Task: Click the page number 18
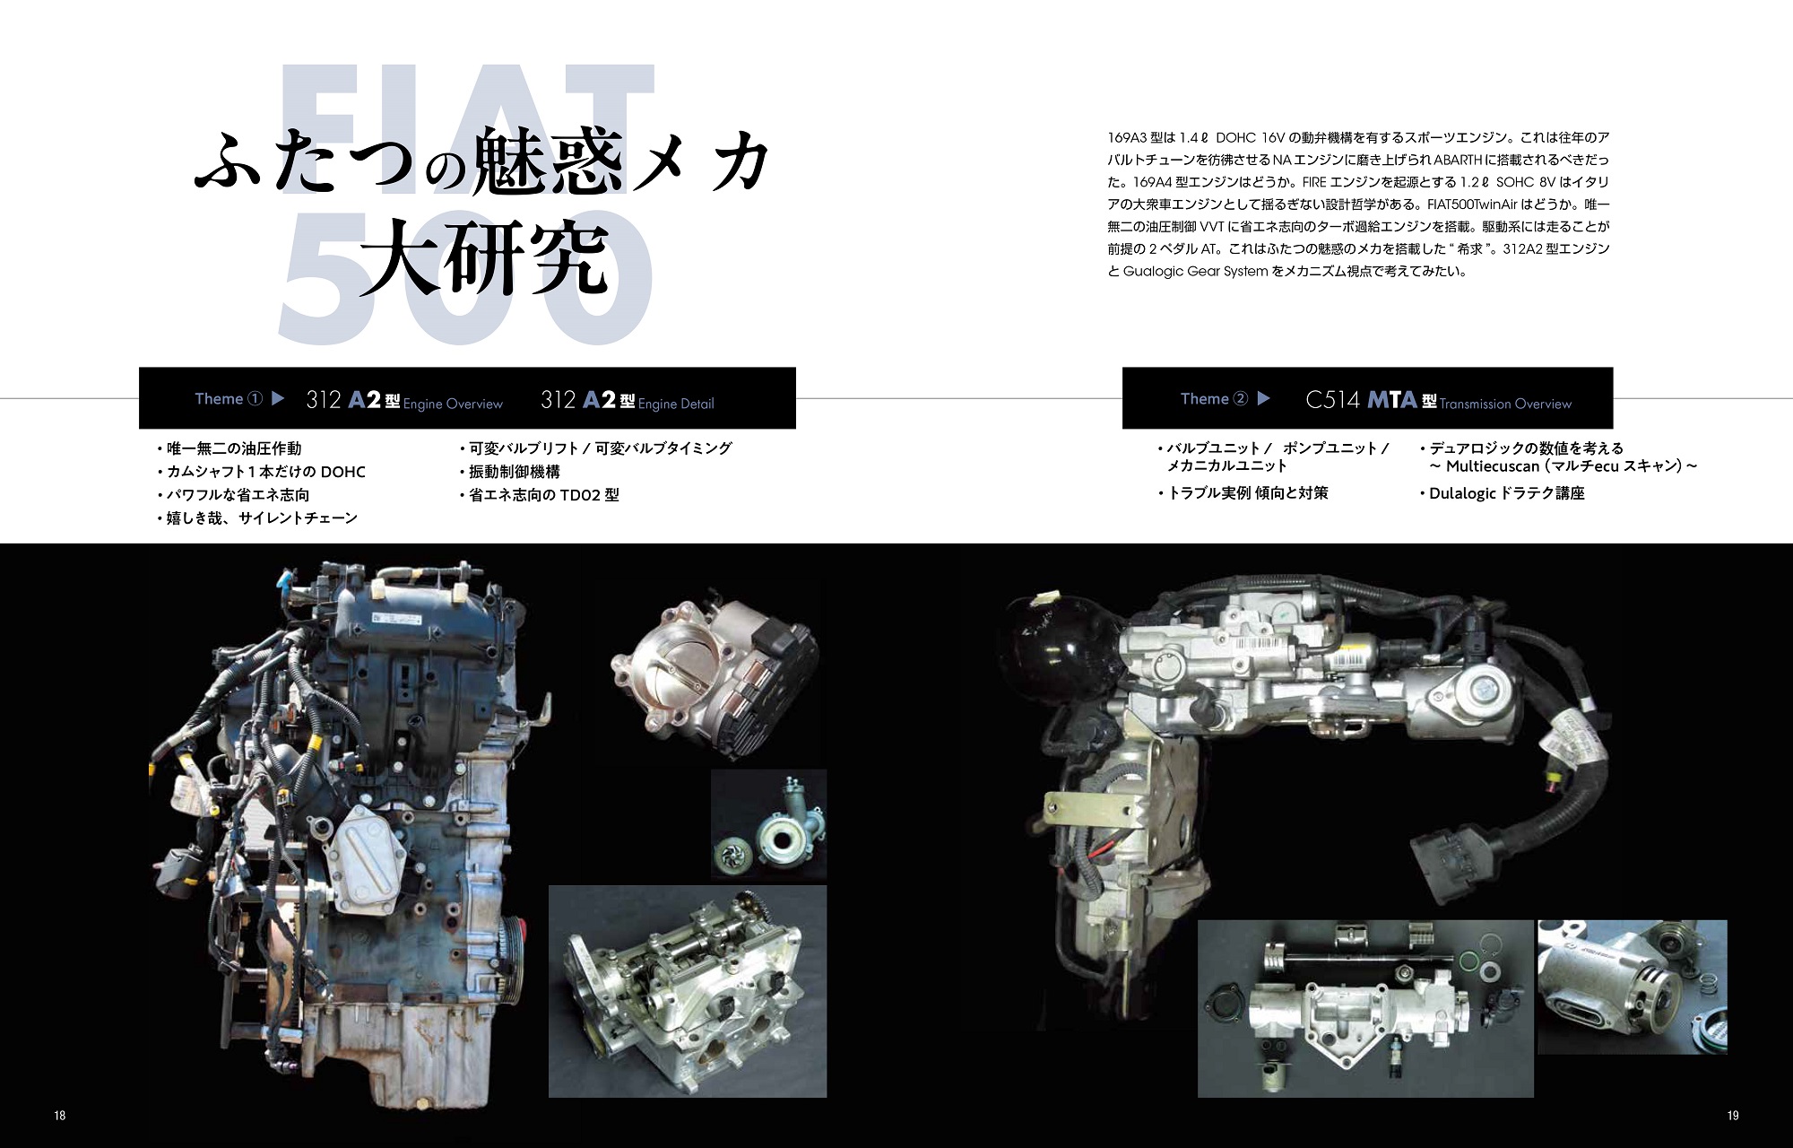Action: [60, 1116]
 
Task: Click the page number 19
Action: [1732, 1116]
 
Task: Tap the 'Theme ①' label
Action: [229, 399]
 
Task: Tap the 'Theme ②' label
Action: [1214, 399]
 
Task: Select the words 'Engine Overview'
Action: [453, 404]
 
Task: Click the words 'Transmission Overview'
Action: [1505, 404]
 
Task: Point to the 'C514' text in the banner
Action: [1333, 400]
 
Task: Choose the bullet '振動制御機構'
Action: [509, 472]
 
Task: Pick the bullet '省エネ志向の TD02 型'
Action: [539, 495]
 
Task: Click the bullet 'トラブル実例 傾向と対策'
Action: [1243, 493]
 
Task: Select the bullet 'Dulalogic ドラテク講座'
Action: [1503, 493]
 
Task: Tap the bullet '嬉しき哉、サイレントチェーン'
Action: [257, 518]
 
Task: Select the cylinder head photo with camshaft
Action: [688, 990]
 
